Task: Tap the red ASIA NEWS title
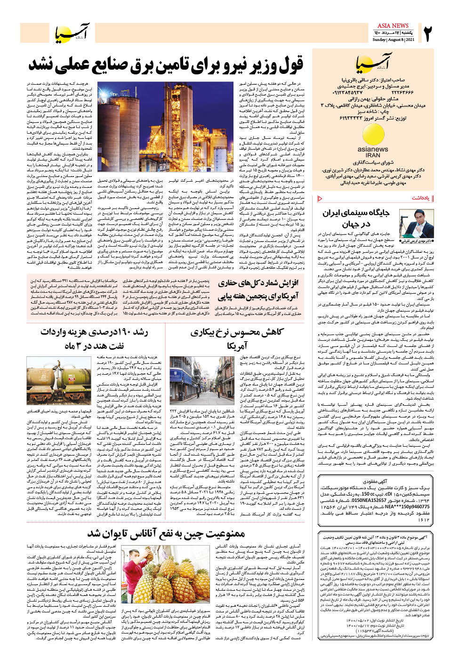tap(393, 25)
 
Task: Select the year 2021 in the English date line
tap(410, 40)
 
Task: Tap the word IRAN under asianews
tap(373, 155)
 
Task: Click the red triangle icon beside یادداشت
tap(321, 198)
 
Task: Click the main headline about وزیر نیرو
tap(166, 64)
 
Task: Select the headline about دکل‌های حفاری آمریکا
tap(258, 290)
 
